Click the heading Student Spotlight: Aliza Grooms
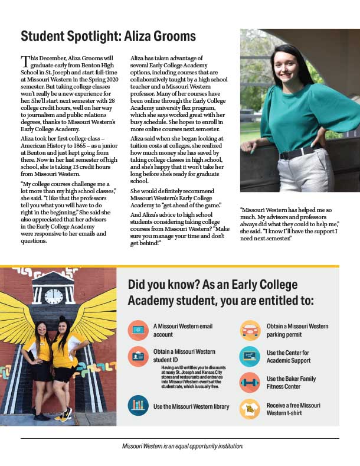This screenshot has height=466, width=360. [108, 36]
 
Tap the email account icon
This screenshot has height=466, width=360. [138, 330]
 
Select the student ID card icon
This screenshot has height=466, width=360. [138, 356]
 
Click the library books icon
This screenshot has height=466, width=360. [138, 406]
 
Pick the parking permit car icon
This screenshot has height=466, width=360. [250, 330]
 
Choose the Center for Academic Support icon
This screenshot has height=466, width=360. [250, 356]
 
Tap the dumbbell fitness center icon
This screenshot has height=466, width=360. [250, 382]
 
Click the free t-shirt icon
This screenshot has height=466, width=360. [250, 409]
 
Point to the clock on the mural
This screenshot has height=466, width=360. [54, 296]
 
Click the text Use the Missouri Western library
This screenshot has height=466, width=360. [191, 407]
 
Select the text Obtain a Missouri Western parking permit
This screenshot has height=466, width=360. [297, 330]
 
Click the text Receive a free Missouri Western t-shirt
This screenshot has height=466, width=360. [293, 409]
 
